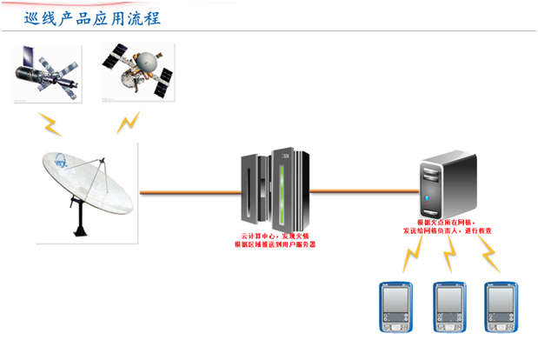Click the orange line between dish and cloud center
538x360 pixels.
(x=188, y=190)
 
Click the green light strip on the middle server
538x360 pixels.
(x=281, y=188)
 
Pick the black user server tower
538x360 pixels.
(x=448, y=184)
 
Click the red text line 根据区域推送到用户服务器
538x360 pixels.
(x=275, y=245)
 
